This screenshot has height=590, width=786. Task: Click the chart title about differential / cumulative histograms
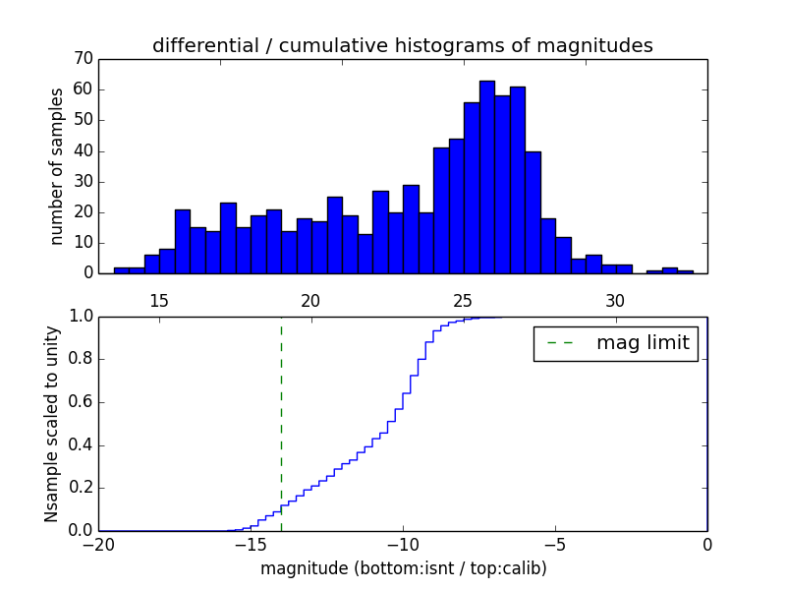(402, 45)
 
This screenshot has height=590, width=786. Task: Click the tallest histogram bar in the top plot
(487, 177)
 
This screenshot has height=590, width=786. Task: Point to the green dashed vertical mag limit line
(281, 423)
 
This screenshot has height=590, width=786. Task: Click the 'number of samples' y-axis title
(57, 166)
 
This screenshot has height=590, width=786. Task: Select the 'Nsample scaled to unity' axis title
(52, 424)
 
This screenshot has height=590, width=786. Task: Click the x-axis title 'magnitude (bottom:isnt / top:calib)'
(403, 568)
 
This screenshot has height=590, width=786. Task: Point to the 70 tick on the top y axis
(83, 59)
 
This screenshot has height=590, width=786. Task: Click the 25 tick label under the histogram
(463, 301)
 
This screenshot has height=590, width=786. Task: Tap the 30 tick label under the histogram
(615, 301)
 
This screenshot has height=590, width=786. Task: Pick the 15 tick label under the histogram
(159, 301)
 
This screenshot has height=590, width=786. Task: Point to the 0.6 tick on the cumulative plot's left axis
(82, 402)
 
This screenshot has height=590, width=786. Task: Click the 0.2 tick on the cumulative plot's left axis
(82, 488)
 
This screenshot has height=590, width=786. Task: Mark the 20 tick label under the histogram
(310, 301)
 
